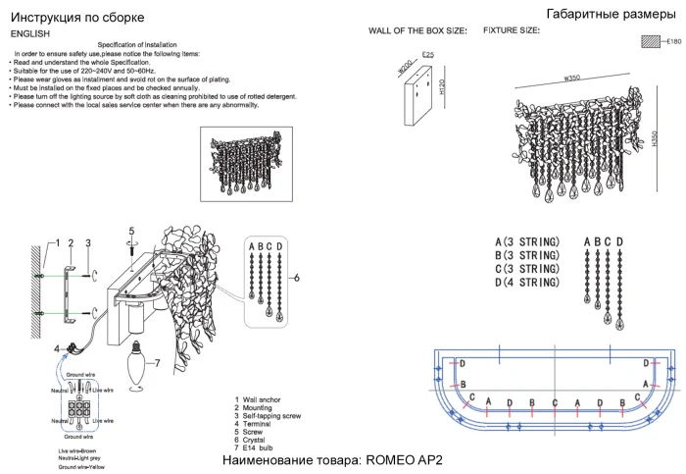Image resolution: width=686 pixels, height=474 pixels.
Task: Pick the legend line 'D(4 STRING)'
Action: [527, 283]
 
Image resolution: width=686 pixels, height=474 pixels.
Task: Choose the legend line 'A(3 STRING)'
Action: [527, 241]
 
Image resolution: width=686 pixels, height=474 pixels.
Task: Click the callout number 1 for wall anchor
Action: [57, 241]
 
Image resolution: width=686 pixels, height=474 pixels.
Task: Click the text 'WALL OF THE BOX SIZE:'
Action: [417, 31]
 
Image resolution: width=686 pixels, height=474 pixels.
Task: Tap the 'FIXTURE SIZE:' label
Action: [511, 31]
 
